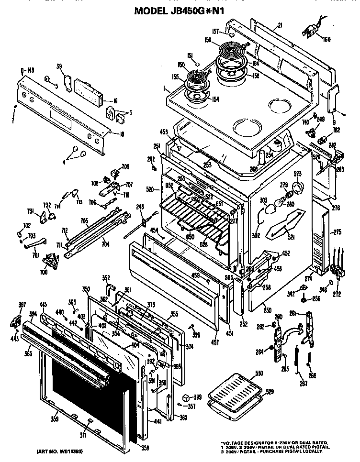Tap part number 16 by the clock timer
pyautogui.click(x=115, y=101)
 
